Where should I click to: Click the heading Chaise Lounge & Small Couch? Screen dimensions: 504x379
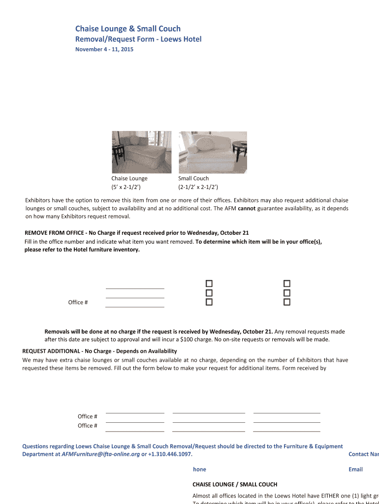127,29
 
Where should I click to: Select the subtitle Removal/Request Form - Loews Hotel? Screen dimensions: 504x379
138,39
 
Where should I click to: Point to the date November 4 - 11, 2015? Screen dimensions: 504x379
104,49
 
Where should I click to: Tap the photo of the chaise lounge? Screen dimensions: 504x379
142,152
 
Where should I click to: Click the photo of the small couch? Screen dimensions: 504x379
207,152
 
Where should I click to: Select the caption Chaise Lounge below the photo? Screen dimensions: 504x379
129,178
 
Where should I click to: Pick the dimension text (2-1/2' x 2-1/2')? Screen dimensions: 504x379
198,187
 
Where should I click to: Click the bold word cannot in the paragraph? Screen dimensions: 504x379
246,208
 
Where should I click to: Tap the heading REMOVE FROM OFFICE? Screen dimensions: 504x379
54,233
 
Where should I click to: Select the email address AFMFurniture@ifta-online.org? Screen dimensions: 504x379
100,454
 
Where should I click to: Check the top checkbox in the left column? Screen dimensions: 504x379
209,283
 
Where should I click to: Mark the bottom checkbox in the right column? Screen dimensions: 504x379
287,302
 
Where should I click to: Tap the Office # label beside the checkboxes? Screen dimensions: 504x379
78,302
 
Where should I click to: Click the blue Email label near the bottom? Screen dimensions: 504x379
355,469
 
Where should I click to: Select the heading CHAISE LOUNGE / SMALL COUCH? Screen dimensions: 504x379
234,484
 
